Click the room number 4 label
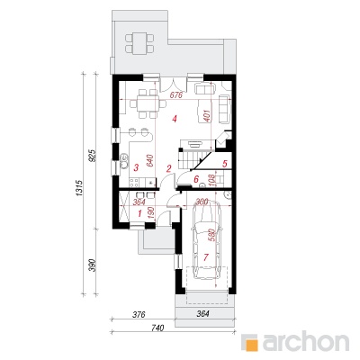(x=175, y=120)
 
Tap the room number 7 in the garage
(x=205, y=256)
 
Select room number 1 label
(x=139, y=213)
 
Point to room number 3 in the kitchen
(x=136, y=167)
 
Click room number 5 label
(x=225, y=164)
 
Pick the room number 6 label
(x=196, y=179)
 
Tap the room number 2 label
(x=169, y=168)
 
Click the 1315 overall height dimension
(x=79, y=188)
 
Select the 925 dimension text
(x=93, y=156)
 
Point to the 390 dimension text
(x=93, y=265)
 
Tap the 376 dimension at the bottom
(x=139, y=314)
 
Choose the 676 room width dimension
(x=175, y=95)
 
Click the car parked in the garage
(x=207, y=240)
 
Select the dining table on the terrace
(x=139, y=44)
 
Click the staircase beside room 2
(x=193, y=160)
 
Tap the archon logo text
(x=306, y=341)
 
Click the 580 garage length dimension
(x=211, y=237)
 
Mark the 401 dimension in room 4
(x=208, y=114)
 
